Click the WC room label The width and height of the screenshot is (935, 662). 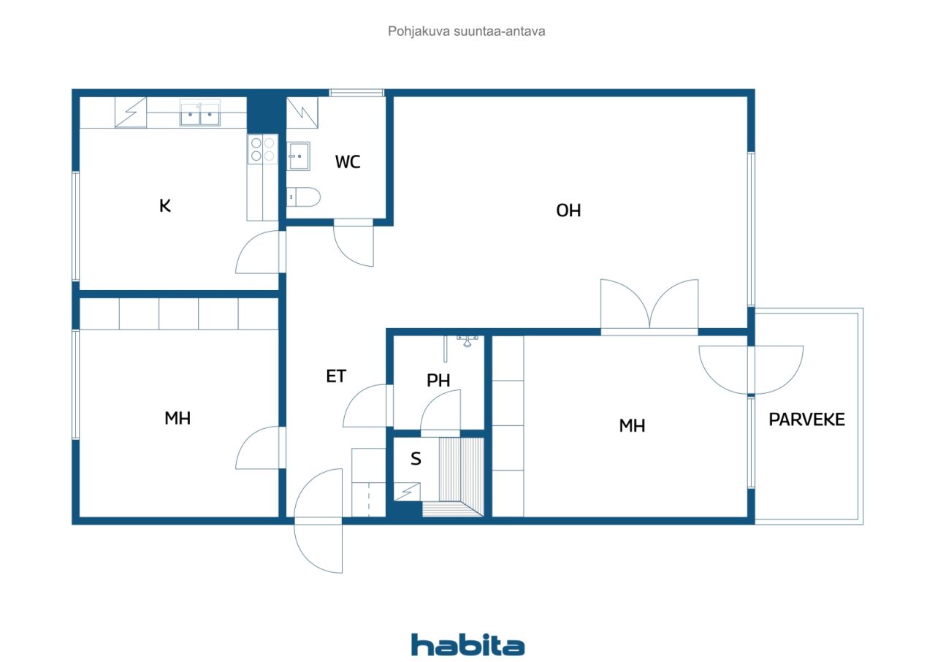pos(347,161)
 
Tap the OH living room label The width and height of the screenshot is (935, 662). pos(568,210)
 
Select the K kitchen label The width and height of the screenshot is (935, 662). pos(165,206)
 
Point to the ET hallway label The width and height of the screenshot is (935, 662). pos(336,376)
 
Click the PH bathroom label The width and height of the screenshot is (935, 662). pos(438,380)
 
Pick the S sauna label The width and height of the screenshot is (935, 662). pos(416,459)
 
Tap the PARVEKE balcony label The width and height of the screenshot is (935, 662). pos(806,419)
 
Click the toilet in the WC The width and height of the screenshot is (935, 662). pos(303,197)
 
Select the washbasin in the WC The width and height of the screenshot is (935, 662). pos(299,156)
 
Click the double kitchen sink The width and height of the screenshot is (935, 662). pos(200,113)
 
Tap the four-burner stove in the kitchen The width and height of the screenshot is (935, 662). pos(262,149)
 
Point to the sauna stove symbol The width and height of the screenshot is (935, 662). pos(407,491)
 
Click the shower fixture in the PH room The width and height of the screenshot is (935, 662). pos(467,341)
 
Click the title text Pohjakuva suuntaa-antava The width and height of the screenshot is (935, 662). pos(466,31)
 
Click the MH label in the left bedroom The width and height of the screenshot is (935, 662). pos(178,418)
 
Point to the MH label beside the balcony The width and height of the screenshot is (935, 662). pos(632,425)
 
